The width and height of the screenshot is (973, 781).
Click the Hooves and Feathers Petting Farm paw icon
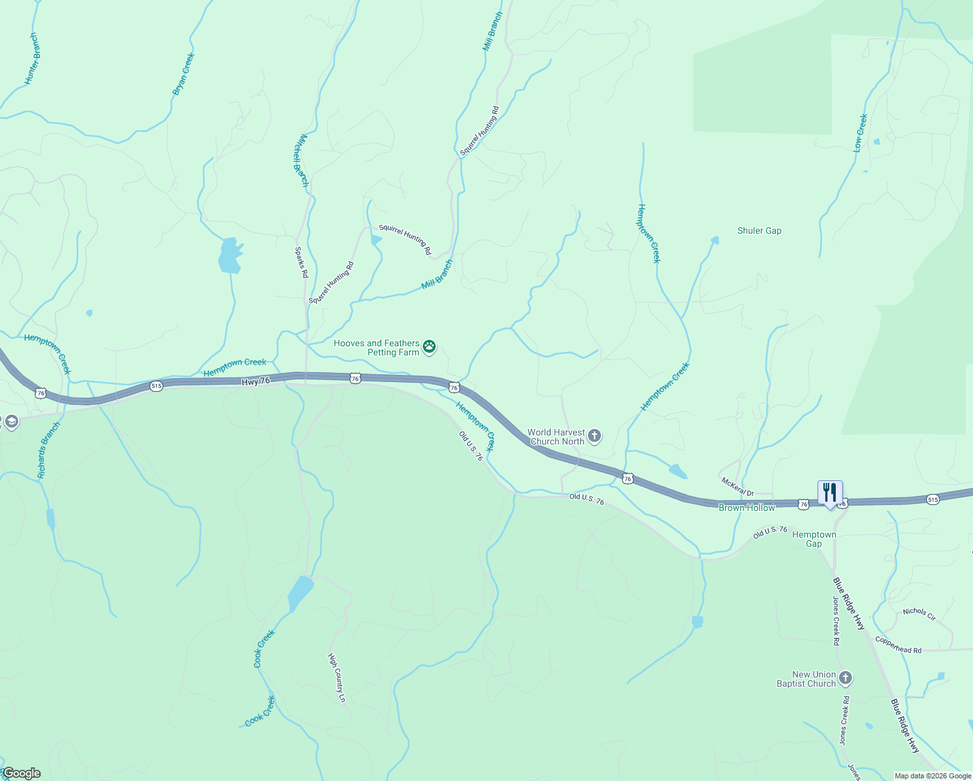[429, 347]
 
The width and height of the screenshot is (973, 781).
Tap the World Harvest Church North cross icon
[594, 436]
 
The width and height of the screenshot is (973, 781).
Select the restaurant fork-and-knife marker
[830, 493]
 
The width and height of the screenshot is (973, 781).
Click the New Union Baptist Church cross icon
[845, 679]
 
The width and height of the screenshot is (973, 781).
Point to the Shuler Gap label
[759, 231]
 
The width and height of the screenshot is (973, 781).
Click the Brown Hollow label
[747, 508]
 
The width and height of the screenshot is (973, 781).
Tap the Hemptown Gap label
[814, 539]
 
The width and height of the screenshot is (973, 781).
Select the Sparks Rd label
[300, 262]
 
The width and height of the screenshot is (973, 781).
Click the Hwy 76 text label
[256, 381]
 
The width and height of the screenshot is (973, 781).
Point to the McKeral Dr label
[737, 486]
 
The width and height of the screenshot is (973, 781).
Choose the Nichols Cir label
[919, 613]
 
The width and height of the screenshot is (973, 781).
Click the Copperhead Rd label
[898, 645]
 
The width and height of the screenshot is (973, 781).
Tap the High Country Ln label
[337, 678]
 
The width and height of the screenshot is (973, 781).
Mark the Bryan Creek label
[183, 74]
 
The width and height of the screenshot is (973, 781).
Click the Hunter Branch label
[32, 59]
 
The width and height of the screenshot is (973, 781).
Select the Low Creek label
[860, 133]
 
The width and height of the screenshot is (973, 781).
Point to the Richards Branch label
[49, 450]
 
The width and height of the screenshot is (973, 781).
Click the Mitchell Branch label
[300, 160]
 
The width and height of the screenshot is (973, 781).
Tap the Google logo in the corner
[21, 773]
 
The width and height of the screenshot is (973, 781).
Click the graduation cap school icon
[10, 422]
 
